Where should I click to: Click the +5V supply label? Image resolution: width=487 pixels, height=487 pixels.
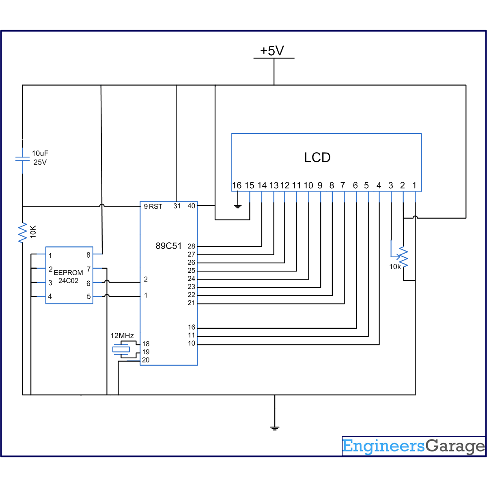point(272,51)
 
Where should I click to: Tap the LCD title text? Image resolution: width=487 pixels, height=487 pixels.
point(317,157)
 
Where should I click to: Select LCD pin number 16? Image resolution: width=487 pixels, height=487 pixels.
point(237,185)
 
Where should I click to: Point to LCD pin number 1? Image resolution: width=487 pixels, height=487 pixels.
point(414,185)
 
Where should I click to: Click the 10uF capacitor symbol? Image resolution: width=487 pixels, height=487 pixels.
point(22,159)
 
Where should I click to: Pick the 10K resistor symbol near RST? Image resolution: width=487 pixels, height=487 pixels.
point(23,233)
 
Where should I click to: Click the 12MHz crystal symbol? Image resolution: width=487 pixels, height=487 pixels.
point(121,349)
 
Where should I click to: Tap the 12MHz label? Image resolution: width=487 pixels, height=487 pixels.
point(122,336)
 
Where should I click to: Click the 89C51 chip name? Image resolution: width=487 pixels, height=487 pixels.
point(168,246)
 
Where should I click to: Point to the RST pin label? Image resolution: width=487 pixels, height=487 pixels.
point(155,207)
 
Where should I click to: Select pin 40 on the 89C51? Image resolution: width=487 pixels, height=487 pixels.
point(191,206)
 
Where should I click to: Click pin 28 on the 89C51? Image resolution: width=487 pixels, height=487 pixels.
point(191,246)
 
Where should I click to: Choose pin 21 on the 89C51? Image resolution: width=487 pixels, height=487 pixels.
point(191,303)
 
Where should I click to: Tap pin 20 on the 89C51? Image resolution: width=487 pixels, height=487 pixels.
point(146,360)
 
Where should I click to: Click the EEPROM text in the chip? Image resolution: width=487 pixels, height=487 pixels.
point(68,273)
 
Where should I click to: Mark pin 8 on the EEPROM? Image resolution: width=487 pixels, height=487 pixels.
point(88,255)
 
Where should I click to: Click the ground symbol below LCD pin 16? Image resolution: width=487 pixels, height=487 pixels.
point(238,207)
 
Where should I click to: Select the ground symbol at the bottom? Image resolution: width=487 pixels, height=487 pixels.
point(275,428)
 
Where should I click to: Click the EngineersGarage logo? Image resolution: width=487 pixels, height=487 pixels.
point(414,446)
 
